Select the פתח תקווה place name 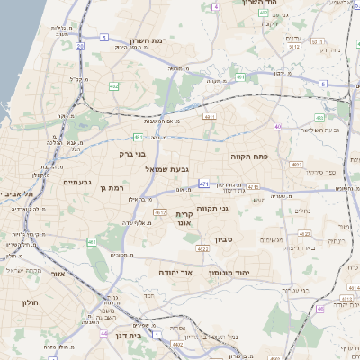[248, 155]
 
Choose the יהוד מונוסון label [234, 271]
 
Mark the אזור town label [58, 274]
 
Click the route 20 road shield [80, 44]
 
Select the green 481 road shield [137, 137]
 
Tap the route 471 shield [204, 184]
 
